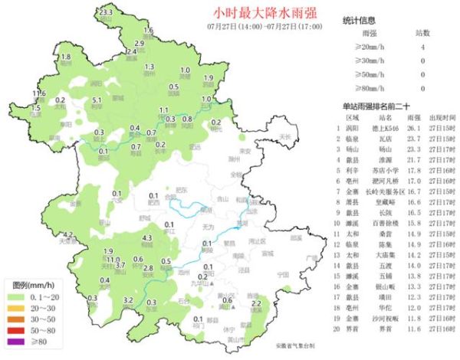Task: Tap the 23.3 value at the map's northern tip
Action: click(106, 13)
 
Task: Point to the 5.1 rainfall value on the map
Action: click(97, 100)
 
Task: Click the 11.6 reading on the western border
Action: click(39, 93)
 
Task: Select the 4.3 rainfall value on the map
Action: click(148, 239)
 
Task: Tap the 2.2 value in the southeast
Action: click(257, 304)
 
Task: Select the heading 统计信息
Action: click(356, 19)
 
